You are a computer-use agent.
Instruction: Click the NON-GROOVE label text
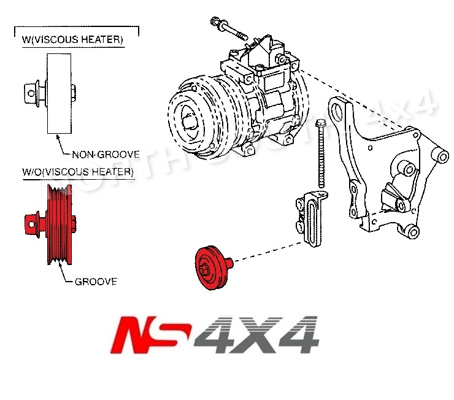[x=105, y=155]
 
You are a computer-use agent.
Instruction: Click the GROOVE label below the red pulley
[x=96, y=282]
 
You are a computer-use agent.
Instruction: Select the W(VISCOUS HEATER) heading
[x=72, y=40]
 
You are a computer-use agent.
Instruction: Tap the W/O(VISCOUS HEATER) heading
[x=77, y=172]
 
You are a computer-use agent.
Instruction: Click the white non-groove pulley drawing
[x=59, y=93]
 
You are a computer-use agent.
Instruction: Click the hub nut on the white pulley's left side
[x=29, y=93]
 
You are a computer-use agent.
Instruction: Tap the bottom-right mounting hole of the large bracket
[x=412, y=232]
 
